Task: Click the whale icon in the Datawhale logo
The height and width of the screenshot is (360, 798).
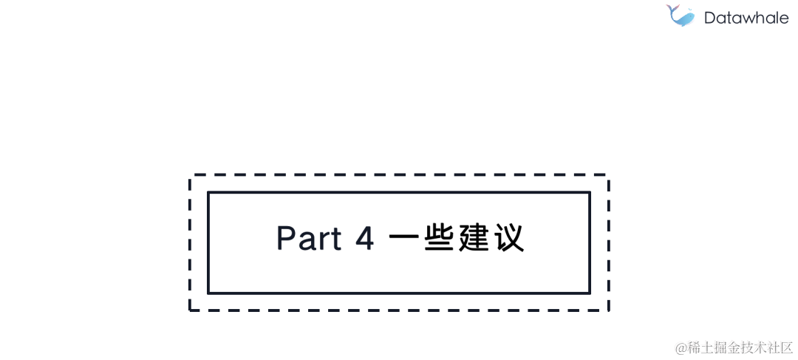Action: (x=680, y=16)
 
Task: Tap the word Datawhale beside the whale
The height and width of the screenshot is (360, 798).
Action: (x=746, y=18)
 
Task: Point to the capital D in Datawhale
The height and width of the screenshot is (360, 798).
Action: (x=710, y=18)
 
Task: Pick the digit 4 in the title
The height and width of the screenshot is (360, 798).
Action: (x=365, y=238)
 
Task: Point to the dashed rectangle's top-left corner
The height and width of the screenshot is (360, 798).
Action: (x=191, y=176)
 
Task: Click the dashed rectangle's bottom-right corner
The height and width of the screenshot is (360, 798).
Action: (x=607, y=310)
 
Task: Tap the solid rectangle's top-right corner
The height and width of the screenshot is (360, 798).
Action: (x=589, y=193)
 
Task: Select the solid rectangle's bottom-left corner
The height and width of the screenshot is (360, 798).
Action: (x=209, y=293)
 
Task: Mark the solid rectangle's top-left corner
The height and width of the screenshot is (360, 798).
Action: (x=209, y=193)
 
